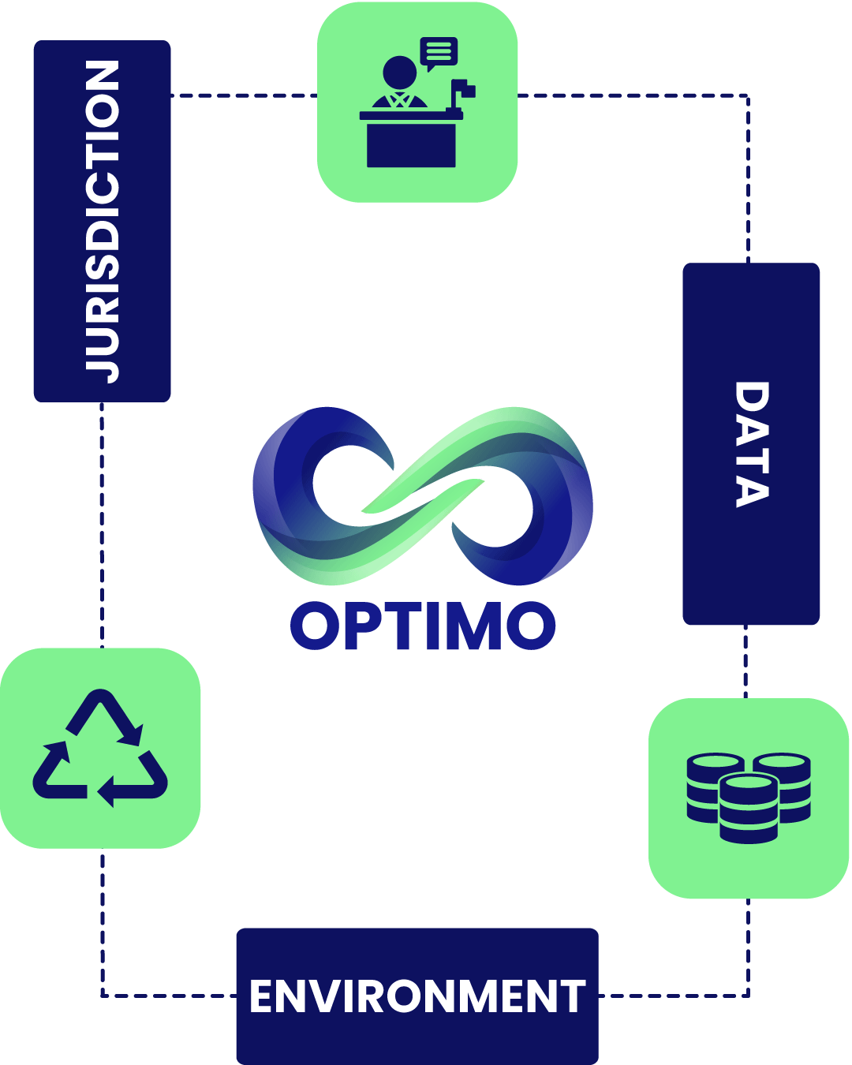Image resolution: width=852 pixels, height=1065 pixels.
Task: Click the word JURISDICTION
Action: click(102, 222)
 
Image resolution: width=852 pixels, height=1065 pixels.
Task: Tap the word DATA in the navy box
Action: click(752, 444)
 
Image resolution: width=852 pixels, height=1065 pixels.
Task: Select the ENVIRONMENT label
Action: click(417, 996)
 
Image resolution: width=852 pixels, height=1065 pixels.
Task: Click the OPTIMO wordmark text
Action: click(422, 625)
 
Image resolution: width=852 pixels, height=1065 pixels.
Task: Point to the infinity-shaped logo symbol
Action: click(422, 496)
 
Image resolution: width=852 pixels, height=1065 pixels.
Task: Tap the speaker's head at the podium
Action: click(399, 73)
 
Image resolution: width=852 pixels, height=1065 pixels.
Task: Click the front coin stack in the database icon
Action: click(748, 808)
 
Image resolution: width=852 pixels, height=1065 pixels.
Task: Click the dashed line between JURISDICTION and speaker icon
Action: click(244, 95)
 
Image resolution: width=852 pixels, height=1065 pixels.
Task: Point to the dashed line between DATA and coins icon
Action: click(745, 661)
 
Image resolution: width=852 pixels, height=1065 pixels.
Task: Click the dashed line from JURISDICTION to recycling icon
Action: click(102, 525)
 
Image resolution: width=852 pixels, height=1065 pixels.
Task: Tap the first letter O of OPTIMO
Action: click(314, 625)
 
